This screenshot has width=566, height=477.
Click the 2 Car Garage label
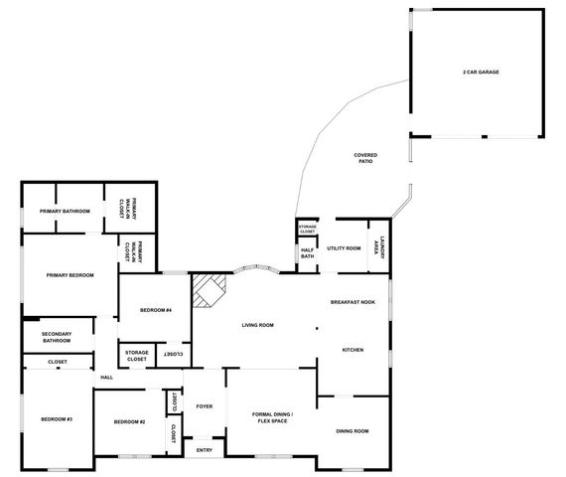pyautogui.click(x=481, y=74)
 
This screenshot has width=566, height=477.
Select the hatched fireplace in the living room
pyautogui.click(x=210, y=291)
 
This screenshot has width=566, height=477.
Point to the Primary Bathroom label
pyautogui.click(x=65, y=211)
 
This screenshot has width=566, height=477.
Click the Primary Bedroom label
pyautogui.click(x=70, y=274)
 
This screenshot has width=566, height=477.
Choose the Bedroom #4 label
pyautogui.click(x=155, y=310)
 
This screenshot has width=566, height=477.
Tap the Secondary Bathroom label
pyautogui.click(x=57, y=337)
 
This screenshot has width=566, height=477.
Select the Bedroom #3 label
pyautogui.click(x=57, y=420)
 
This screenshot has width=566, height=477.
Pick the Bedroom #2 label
pyautogui.click(x=129, y=422)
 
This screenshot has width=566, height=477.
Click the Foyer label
pyautogui.click(x=205, y=405)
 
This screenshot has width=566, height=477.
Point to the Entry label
pyautogui.click(x=205, y=450)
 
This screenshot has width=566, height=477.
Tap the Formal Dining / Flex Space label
pyautogui.click(x=271, y=418)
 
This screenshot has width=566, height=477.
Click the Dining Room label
pyautogui.click(x=353, y=430)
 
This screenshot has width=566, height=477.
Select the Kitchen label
pyautogui.click(x=354, y=350)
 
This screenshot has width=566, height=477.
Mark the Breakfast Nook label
pyautogui.click(x=353, y=301)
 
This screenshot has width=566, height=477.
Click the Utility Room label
pyautogui.click(x=343, y=247)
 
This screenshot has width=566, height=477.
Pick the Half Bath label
pyautogui.click(x=307, y=253)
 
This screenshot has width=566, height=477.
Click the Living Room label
pyautogui.click(x=258, y=325)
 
